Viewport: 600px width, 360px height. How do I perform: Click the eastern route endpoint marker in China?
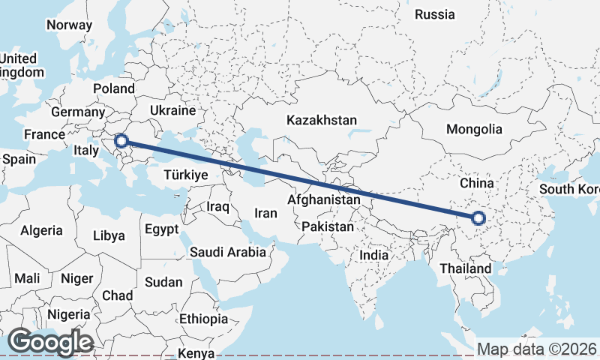[x=478, y=218]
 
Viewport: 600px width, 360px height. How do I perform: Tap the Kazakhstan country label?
[x=322, y=120]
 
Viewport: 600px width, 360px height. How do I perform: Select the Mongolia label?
[x=474, y=129]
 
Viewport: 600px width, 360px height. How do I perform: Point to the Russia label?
[x=434, y=14]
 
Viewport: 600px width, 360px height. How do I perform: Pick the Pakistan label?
[x=327, y=226]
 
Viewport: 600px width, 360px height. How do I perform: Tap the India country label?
[x=374, y=255]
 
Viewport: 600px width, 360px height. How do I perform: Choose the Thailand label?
[x=466, y=268]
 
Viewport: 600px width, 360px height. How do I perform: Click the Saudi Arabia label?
[x=228, y=252]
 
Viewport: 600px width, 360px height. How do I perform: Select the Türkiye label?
[x=184, y=175]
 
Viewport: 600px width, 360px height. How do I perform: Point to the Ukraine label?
[x=172, y=110]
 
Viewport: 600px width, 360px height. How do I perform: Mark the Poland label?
[x=113, y=88]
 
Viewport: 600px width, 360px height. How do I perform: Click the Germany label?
[x=76, y=112]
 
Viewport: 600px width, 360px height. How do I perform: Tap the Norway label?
[x=69, y=25]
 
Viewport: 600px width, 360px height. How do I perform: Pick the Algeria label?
[x=42, y=231]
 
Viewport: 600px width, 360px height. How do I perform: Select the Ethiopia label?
[x=203, y=319]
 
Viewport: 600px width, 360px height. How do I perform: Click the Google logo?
[x=50, y=342]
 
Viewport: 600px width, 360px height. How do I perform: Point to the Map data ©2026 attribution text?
[x=536, y=349]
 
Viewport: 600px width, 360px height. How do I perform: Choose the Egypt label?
[x=161, y=229]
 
